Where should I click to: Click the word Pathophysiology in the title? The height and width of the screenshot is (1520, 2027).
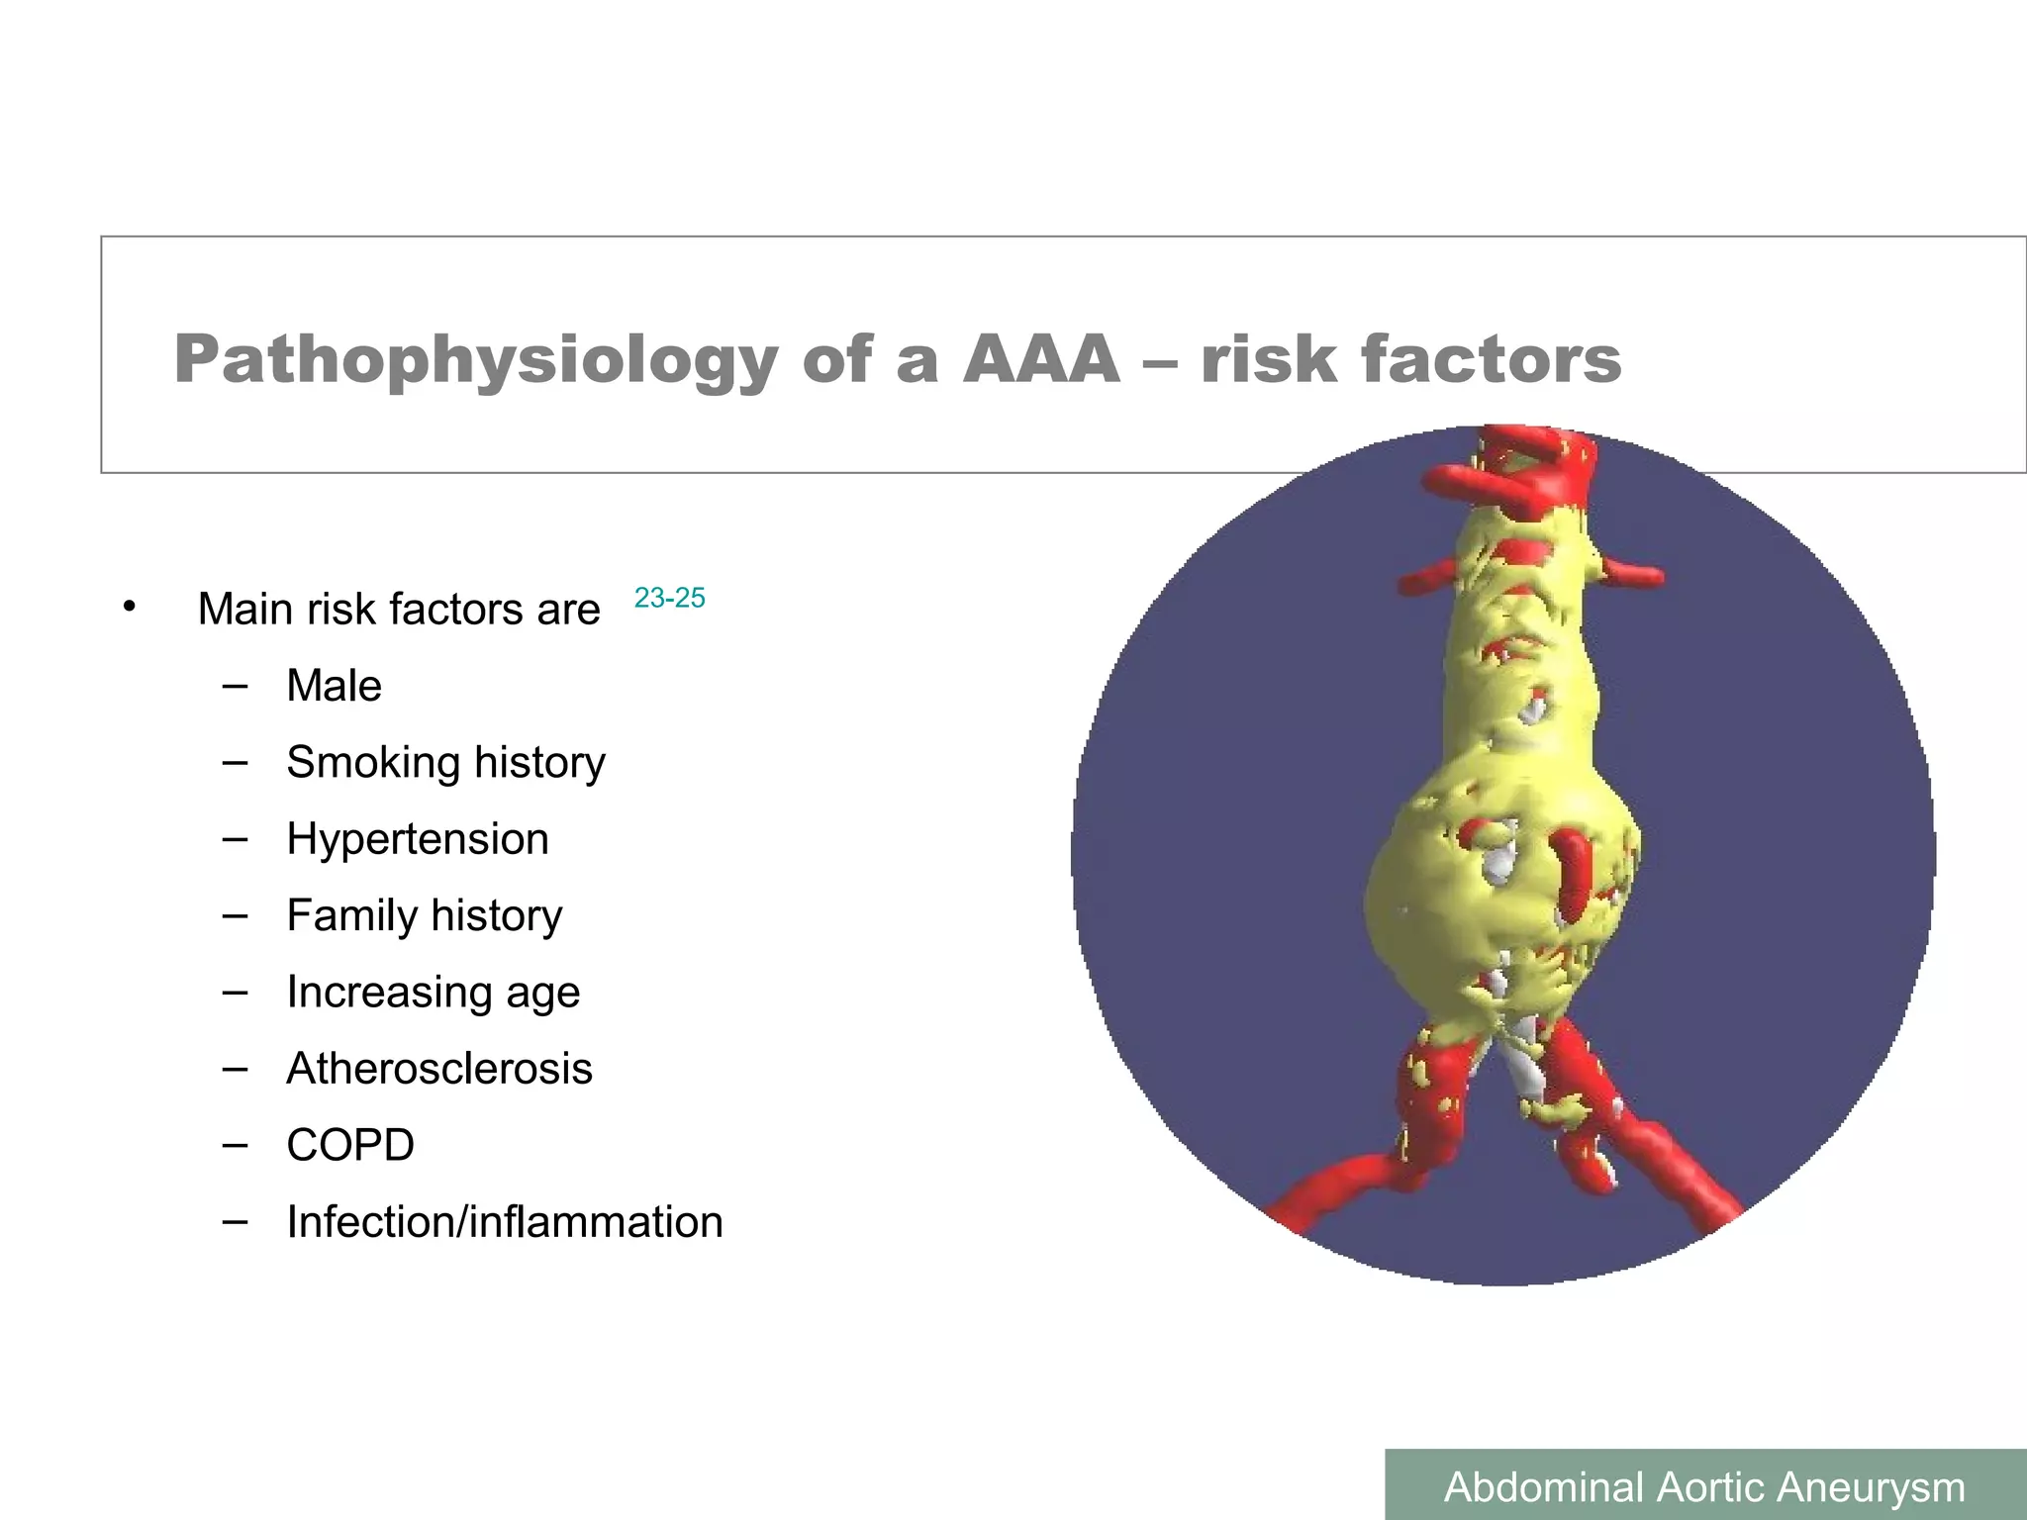point(475,360)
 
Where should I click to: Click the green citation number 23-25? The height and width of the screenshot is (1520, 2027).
point(669,598)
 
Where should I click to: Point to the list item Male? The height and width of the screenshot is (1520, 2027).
point(334,686)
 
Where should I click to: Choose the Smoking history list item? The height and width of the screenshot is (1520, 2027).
point(445,763)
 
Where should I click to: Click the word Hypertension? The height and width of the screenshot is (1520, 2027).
point(417,839)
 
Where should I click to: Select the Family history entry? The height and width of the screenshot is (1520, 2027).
point(424,915)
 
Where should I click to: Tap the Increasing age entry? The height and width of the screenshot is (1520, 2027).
point(433,993)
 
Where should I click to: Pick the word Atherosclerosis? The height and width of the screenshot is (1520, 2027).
point(438,1069)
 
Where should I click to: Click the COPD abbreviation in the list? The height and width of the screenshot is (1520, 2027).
point(349,1145)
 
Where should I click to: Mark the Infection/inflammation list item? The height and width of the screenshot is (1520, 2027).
point(504,1222)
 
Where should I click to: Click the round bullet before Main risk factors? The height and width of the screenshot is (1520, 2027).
point(129,607)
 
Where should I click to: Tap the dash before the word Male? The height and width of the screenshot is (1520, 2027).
point(235,686)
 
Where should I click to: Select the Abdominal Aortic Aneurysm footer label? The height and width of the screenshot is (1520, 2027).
point(1704,1487)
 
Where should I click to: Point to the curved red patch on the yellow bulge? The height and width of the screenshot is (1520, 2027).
point(1570,875)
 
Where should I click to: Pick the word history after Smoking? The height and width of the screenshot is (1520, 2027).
point(539,763)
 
